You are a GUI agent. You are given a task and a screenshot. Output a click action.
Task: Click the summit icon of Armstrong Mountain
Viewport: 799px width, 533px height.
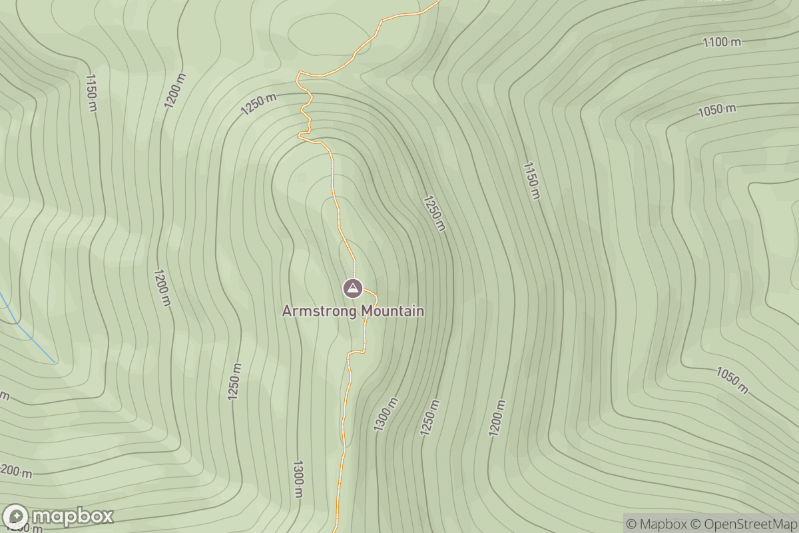[x=352, y=288]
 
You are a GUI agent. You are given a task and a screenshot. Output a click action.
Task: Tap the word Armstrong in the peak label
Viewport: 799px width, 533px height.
[x=320, y=311]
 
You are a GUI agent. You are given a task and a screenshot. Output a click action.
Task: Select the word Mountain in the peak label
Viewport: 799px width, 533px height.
[x=392, y=311]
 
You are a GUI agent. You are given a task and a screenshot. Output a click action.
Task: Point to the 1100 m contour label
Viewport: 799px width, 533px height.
[x=722, y=42]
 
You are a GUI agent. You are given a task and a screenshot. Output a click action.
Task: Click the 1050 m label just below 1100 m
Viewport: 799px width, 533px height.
[x=717, y=110]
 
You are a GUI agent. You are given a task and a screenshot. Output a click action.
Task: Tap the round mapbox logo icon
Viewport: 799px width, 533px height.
[x=15, y=517]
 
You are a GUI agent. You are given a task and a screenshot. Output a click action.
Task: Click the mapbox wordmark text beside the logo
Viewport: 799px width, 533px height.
[x=72, y=516]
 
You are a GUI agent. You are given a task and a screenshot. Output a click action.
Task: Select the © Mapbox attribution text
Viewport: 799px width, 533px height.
[x=656, y=524]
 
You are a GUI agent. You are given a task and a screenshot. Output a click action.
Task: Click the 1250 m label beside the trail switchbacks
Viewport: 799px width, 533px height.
[x=258, y=104]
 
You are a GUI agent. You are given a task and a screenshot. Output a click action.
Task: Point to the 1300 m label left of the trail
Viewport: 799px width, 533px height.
[x=298, y=478]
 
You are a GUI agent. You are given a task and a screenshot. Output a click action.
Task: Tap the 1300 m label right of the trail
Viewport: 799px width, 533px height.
[x=386, y=414]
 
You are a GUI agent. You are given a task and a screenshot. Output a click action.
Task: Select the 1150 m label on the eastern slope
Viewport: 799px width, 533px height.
[x=531, y=180]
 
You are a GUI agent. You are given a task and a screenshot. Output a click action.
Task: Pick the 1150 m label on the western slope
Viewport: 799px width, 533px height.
[x=91, y=92]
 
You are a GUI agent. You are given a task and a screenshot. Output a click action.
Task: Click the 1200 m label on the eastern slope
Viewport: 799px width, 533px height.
[x=496, y=418]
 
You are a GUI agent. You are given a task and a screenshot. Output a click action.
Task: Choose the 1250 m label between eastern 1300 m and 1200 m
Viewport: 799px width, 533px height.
[x=430, y=418]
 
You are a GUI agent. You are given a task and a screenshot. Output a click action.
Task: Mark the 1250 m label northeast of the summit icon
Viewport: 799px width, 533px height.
[x=433, y=213]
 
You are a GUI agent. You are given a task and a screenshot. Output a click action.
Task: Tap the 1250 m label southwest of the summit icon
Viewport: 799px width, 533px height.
[x=234, y=382]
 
